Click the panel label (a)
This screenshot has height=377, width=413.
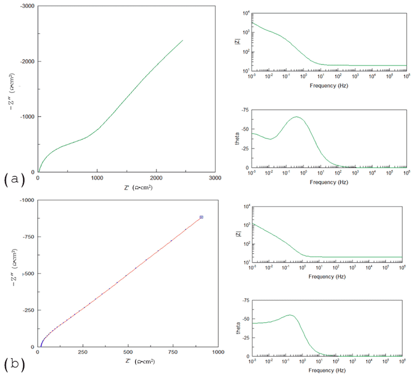coord(13,179)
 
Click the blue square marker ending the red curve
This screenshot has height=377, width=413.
coord(201,217)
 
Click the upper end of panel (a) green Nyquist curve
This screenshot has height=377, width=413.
coord(183,40)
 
